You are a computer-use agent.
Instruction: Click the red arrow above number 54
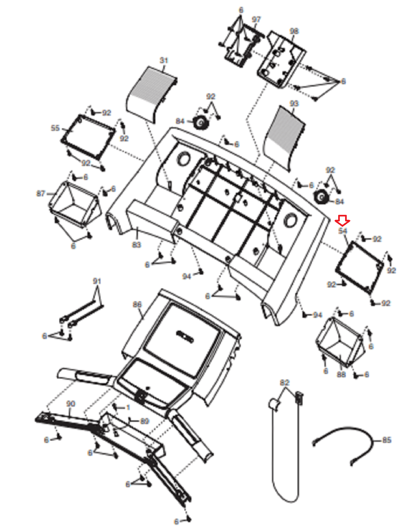pos(342,220)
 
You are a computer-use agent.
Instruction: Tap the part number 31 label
pos(164,60)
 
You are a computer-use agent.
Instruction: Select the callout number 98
pos(294,31)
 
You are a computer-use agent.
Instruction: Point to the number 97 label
pos(256,19)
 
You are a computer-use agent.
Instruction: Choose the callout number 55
pos(55,128)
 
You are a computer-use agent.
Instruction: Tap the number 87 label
pos(41,193)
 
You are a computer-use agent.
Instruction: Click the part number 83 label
pos(136,245)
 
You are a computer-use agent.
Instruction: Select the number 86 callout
pos(137,304)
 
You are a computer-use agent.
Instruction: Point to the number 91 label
pos(97,281)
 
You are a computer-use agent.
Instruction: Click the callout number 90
pos(71,404)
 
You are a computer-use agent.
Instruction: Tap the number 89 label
pos(145,421)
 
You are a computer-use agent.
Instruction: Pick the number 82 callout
pos(284,382)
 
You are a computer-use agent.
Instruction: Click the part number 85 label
pos(387,440)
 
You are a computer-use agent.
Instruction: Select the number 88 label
pos(341,375)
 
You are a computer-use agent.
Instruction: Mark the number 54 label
pos(343,231)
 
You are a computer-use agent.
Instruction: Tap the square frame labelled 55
pos(88,137)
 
